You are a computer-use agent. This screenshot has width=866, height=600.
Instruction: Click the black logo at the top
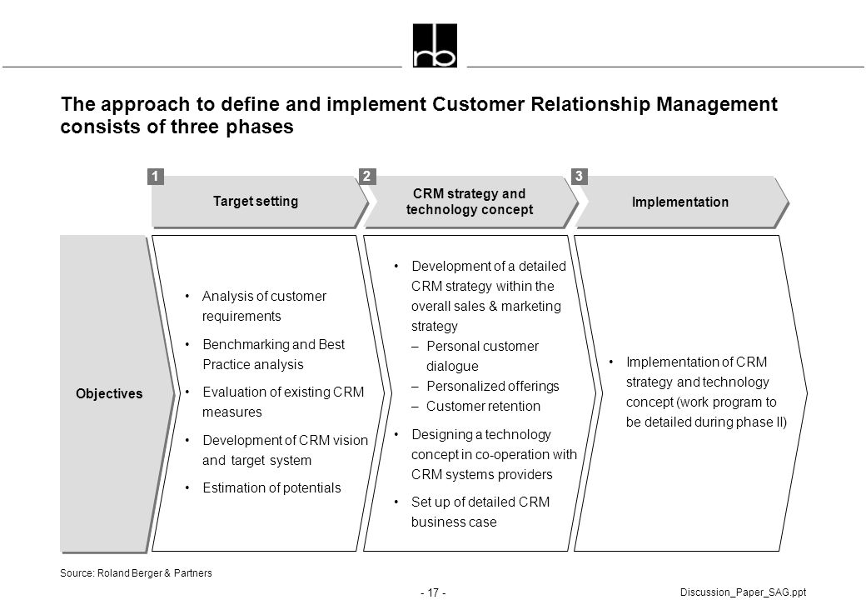(x=435, y=45)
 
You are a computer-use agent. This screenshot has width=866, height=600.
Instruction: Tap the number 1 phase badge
(x=156, y=176)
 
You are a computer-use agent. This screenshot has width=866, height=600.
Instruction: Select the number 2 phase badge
(x=366, y=176)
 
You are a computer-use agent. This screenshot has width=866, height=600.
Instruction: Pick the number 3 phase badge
(x=579, y=176)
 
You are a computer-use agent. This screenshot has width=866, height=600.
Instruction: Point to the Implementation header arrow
(x=683, y=202)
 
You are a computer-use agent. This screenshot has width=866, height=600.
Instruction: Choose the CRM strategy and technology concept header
(x=470, y=202)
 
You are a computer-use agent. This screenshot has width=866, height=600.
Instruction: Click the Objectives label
(x=109, y=393)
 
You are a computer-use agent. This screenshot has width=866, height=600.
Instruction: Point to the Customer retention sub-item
(x=476, y=406)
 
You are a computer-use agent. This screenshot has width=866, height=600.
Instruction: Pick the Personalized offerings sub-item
(x=485, y=386)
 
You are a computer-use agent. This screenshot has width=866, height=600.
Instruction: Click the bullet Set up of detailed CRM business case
(x=472, y=512)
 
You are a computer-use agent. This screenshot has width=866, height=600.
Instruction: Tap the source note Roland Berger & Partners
(x=136, y=573)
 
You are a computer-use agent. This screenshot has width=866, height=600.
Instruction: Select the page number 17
(x=433, y=592)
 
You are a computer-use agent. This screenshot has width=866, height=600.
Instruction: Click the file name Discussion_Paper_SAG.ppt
(x=743, y=592)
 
